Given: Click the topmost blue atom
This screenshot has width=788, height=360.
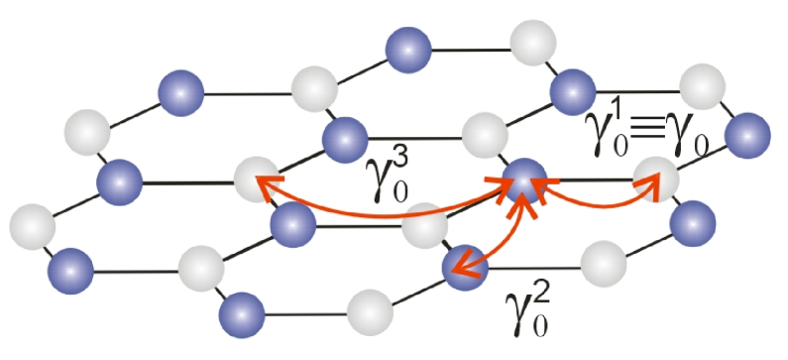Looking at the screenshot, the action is point(405,49).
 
